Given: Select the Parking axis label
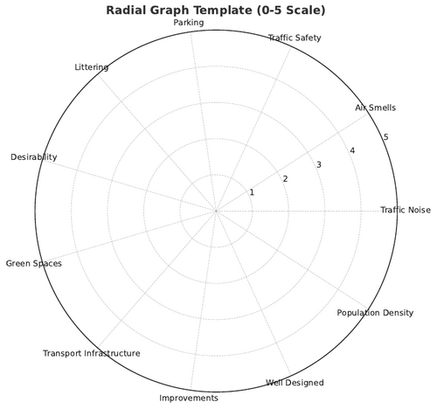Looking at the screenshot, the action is [x=189, y=23].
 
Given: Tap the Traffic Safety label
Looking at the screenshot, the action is [x=295, y=38].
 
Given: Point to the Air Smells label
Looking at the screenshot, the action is [x=375, y=107].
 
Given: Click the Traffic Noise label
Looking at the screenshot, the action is [x=406, y=210].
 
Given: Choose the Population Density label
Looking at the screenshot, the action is [x=375, y=313].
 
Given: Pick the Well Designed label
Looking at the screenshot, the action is [x=295, y=383].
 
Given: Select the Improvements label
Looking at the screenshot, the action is [x=189, y=398].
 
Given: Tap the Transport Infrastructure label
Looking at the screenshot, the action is [x=92, y=353].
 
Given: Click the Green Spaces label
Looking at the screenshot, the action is [x=34, y=264].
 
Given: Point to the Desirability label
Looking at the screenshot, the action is [x=34, y=157].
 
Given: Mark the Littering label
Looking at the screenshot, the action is [x=92, y=67].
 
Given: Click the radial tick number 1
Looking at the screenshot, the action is [x=252, y=192].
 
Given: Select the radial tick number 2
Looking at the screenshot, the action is [x=285, y=178].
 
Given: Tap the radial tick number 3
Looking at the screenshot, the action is [x=319, y=164].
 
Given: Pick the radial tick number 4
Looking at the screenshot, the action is [x=352, y=150].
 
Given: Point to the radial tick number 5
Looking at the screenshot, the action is [x=386, y=136].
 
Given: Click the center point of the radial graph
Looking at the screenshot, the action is [x=216, y=211].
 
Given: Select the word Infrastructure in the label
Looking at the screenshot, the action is [x=112, y=353].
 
